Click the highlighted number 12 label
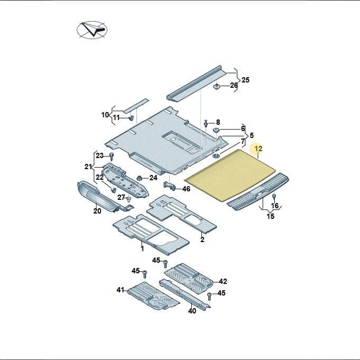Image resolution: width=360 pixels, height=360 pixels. [x=259, y=149]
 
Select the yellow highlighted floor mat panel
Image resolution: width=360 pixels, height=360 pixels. [x=230, y=175]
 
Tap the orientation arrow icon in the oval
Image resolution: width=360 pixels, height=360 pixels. [x=92, y=30]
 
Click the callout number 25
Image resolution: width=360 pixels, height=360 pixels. [x=245, y=80]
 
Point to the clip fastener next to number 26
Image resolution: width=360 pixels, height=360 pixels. [x=217, y=87]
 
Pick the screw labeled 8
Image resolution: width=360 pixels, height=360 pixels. [x=206, y=123]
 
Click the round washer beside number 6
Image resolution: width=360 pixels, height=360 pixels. [x=216, y=130]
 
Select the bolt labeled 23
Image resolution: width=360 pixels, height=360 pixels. [x=112, y=156]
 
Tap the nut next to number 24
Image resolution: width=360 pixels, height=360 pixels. [x=139, y=178]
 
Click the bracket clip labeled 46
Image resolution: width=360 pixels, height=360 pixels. [x=169, y=185]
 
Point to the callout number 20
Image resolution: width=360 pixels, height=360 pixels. [x=97, y=211]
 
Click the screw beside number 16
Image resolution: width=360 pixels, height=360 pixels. [x=274, y=197]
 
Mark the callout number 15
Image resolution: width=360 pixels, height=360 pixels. [x=271, y=216]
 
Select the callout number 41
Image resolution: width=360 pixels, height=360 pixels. [x=121, y=290]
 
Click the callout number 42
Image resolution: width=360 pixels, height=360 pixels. [x=223, y=281]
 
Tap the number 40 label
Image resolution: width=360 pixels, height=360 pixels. [x=192, y=311]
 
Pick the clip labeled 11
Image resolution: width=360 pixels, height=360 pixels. [x=131, y=118]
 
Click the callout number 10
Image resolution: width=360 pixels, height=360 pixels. [x=105, y=115]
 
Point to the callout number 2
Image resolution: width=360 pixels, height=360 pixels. [x=202, y=239]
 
